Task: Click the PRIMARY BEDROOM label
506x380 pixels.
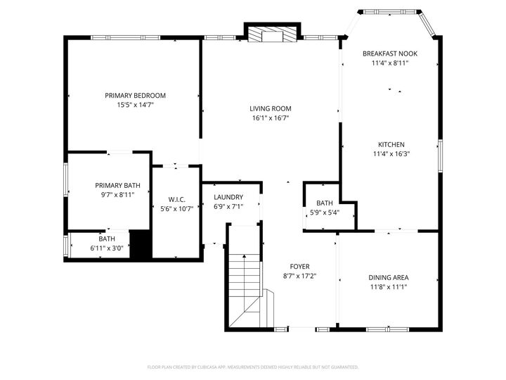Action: (x=135, y=95)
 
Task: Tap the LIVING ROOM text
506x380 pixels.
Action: (x=270, y=108)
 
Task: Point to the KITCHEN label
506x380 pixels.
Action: (x=390, y=144)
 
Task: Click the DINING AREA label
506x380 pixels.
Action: (x=389, y=277)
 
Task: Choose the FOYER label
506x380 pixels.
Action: (x=300, y=267)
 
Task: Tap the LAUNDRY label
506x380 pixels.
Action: (x=228, y=197)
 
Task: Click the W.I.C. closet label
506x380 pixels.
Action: (x=176, y=199)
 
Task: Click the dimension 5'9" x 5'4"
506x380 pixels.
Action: (x=325, y=212)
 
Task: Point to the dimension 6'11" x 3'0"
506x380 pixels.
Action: (x=107, y=248)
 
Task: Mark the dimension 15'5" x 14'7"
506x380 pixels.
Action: (x=135, y=105)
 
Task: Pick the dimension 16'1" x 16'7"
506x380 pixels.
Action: (x=270, y=118)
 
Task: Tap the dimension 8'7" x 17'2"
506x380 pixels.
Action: (x=300, y=276)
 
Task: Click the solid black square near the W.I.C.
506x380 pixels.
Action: (x=141, y=244)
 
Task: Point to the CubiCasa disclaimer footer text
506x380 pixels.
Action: (x=253, y=367)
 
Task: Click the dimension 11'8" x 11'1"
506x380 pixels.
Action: (x=389, y=286)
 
